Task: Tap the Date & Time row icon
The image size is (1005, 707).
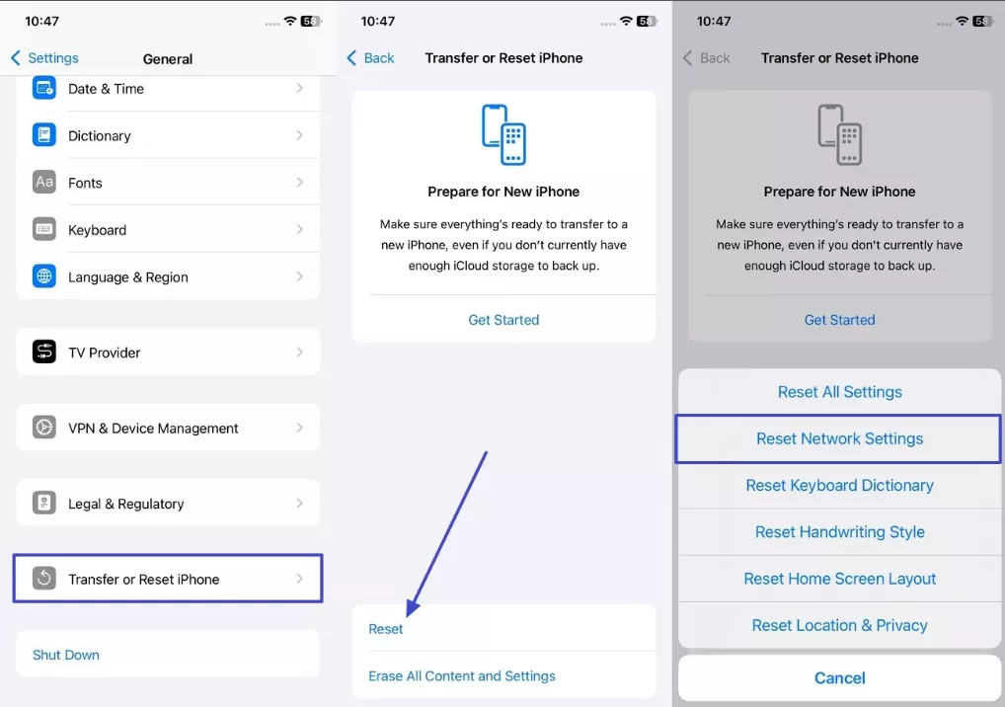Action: pos(44,89)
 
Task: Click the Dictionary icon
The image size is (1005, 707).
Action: pos(44,134)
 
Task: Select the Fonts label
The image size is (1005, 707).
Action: pos(85,183)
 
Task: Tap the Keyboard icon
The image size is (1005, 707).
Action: pos(44,229)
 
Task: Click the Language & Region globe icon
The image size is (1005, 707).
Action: pos(44,276)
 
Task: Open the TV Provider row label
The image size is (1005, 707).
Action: pos(105,353)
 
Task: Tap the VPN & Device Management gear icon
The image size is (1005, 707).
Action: pos(44,428)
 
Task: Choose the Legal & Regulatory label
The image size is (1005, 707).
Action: pos(126,504)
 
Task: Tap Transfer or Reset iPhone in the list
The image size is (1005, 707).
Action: pos(144,580)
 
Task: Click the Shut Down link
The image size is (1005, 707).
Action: pos(66,655)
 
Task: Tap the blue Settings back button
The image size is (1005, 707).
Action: pos(44,57)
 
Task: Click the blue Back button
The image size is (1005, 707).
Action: pos(370,57)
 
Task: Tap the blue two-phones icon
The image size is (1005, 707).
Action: pos(503,134)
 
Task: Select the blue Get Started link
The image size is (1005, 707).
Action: pos(503,320)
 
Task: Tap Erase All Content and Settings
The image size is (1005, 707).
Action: pos(462,675)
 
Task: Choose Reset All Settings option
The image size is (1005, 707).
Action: pos(839,392)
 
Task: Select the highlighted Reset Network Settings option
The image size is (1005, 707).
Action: pos(839,438)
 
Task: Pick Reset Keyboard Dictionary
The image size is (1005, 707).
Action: pos(839,485)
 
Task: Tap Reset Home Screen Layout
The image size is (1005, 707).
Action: pos(839,579)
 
